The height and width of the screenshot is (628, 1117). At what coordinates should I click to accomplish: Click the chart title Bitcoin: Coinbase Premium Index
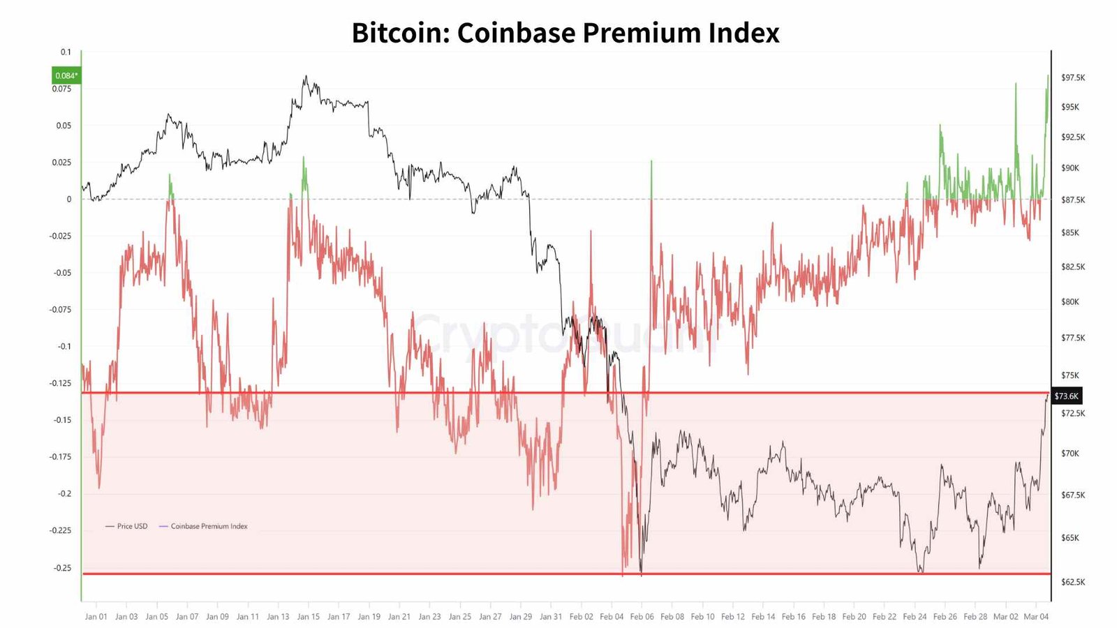(565, 33)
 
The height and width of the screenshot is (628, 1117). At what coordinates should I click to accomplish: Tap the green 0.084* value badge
(66, 75)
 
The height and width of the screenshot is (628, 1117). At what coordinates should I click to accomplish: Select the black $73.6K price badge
(1066, 396)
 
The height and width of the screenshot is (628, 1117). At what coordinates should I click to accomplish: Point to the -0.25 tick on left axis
(62, 567)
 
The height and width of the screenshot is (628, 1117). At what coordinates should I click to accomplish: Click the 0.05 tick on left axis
(64, 126)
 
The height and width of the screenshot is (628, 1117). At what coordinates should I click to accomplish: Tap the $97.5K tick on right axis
(1073, 77)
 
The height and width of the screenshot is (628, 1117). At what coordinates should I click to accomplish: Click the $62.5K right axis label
(1073, 582)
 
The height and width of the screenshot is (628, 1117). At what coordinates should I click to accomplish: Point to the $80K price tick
(1070, 302)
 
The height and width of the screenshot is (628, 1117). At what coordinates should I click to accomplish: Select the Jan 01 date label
(96, 617)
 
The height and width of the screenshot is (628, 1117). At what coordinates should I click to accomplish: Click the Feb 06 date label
(642, 617)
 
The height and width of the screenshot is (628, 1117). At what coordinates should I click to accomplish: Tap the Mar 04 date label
(1036, 617)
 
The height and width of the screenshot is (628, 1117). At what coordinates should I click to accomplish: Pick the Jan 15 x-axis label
(308, 617)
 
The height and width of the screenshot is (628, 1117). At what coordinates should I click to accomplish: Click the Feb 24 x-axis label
(915, 617)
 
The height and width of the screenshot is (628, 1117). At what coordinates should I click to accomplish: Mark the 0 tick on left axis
(68, 199)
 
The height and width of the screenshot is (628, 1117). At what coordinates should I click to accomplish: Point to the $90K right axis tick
(1070, 168)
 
